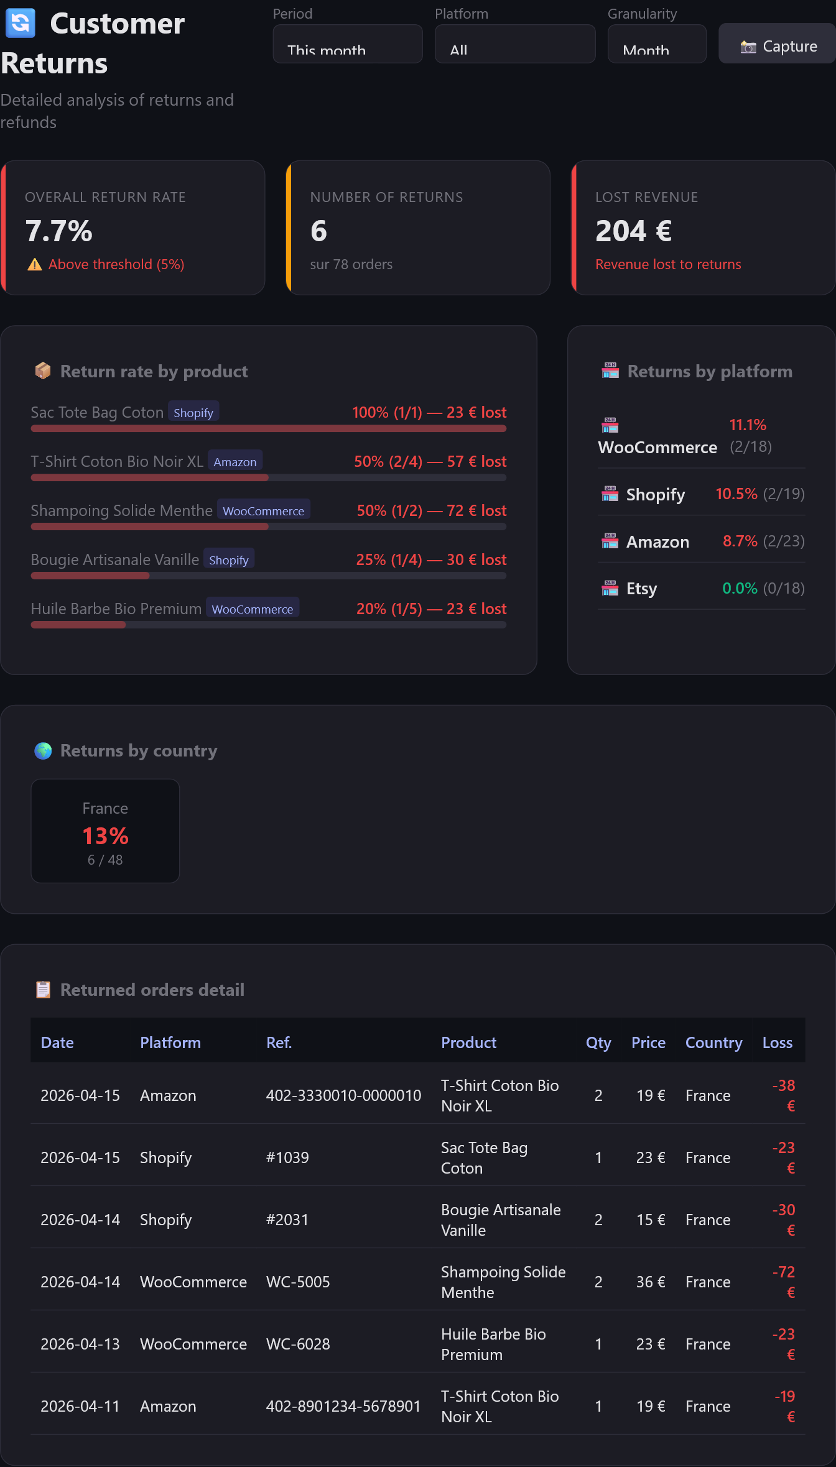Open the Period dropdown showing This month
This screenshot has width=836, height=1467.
(x=348, y=44)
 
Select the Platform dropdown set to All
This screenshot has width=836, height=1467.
(x=515, y=44)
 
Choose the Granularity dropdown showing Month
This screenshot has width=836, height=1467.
(x=657, y=44)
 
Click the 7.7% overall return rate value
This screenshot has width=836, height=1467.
(x=59, y=231)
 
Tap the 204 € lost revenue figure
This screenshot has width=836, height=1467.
(x=634, y=231)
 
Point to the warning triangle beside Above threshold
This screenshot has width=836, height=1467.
(x=35, y=265)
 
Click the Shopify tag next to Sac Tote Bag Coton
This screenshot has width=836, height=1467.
(x=193, y=413)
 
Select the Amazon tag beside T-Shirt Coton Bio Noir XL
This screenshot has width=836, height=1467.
(x=235, y=462)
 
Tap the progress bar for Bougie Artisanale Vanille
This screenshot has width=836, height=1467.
(x=269, y=576)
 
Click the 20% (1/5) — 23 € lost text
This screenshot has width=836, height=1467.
(x=432, y=609)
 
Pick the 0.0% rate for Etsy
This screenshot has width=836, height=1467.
(x=740, y=589)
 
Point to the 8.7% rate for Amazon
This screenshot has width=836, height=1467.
(x=740, y=541)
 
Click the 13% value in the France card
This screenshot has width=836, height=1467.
(x=105, y=836)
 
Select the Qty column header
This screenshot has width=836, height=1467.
(x=598, y=1043)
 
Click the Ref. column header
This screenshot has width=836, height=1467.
(x=279, y=1043)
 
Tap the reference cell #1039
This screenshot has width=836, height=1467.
(x=287, y=1158)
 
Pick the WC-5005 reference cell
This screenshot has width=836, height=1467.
(x=298, y=1282)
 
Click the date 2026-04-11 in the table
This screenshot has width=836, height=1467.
(x=80, y=1407)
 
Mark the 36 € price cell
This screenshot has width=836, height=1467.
(x=651, y=1282)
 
